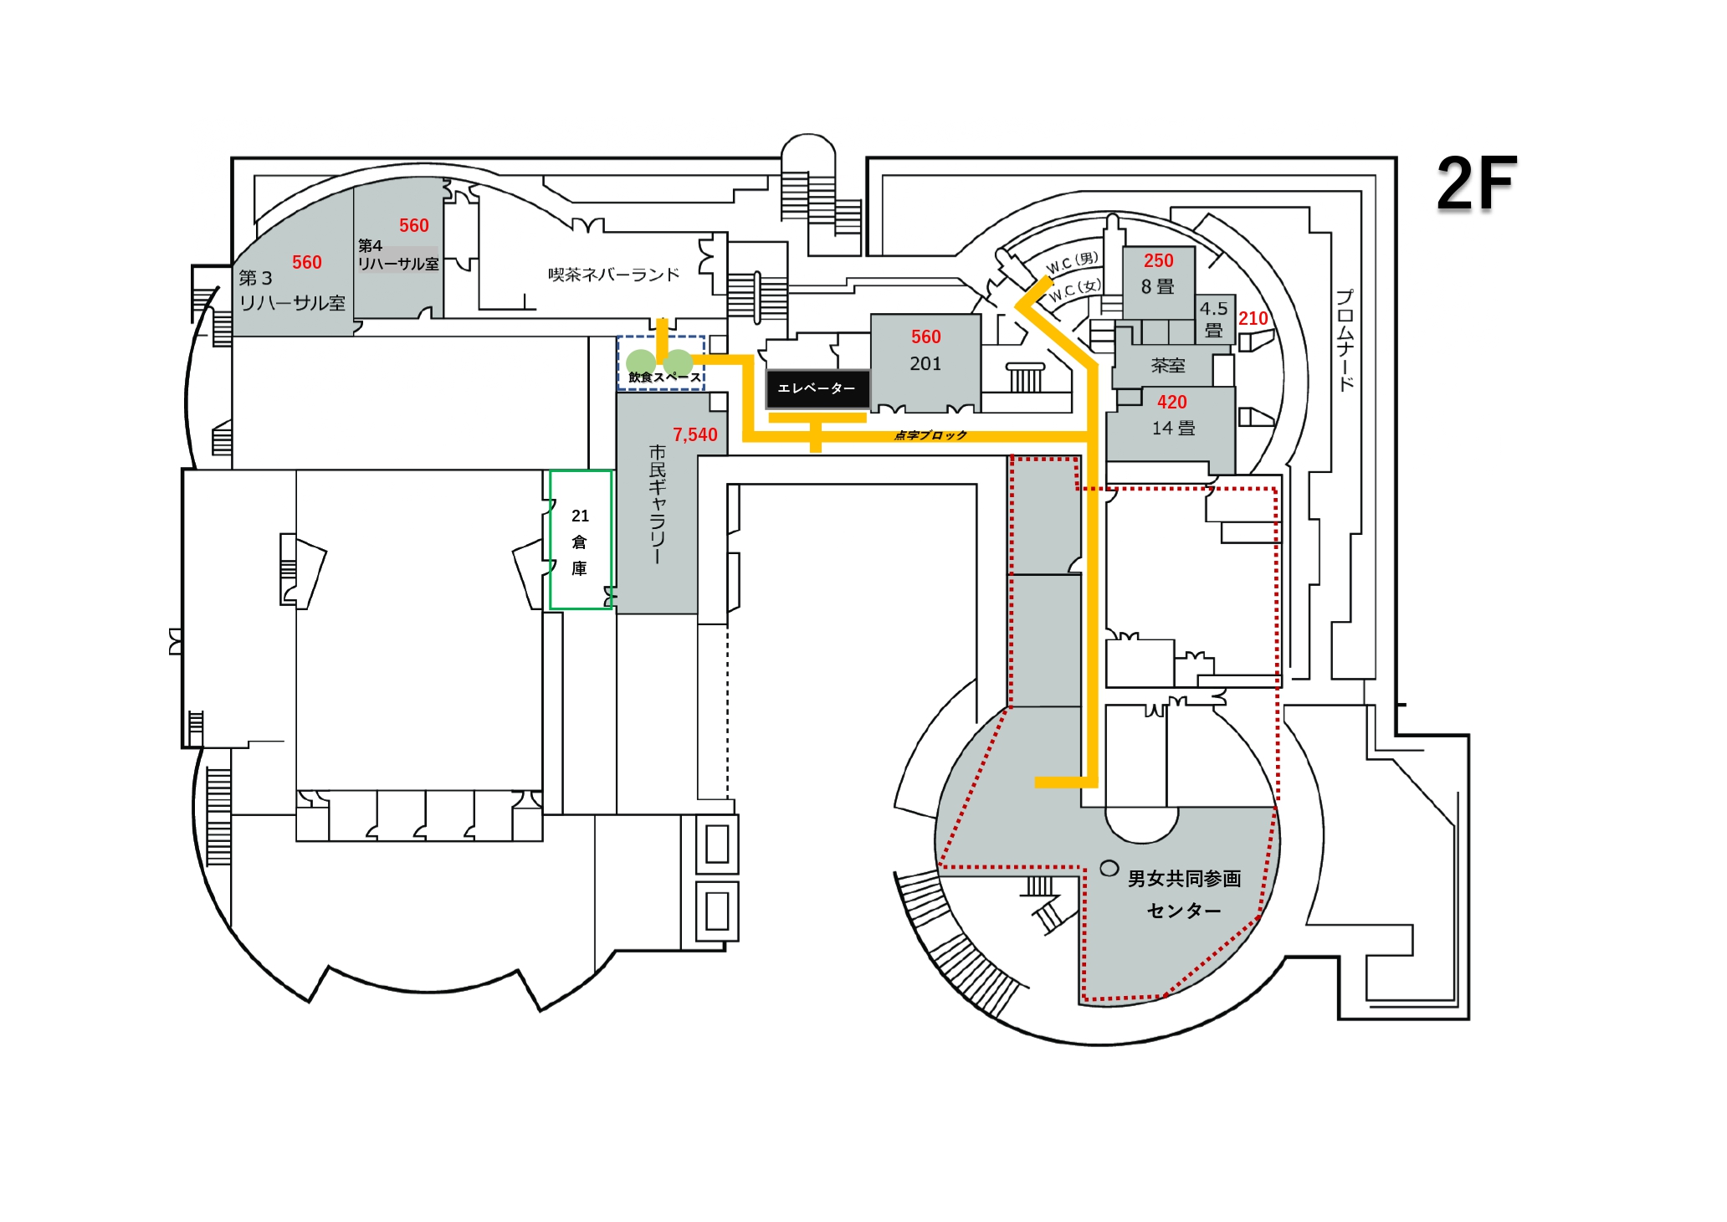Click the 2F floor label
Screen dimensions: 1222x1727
point(1476,184)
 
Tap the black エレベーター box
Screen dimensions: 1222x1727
point(817,388)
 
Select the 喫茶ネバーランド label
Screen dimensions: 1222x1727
point(613,275)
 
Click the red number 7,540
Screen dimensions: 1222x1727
point(694,434)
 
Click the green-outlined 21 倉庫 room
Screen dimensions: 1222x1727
point(580,541)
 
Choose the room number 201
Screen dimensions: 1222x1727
point(925,364)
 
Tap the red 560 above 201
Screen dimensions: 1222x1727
point(925,336)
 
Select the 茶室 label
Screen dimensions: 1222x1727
point(1167,366)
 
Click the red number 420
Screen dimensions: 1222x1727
point(1171,402)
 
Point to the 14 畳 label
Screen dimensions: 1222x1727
point(1173,429)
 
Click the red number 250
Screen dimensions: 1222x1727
point(1158,260)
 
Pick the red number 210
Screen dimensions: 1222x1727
point(1253,318)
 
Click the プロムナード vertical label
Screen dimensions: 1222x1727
point(1345,340)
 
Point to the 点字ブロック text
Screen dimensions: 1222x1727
point(930,435)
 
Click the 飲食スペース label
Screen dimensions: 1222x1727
point(664,377)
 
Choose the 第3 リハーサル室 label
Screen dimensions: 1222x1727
point(291,290)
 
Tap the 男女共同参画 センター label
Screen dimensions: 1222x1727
point(1183,894)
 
